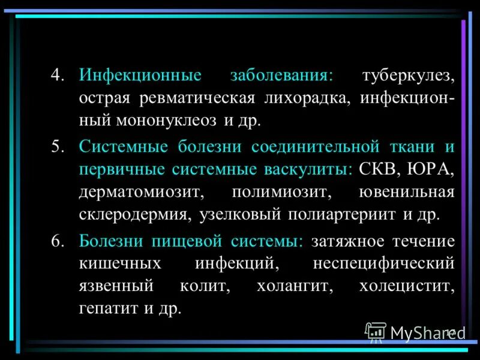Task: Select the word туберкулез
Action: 408,76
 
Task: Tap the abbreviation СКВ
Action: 378,169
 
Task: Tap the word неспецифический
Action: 383,263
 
